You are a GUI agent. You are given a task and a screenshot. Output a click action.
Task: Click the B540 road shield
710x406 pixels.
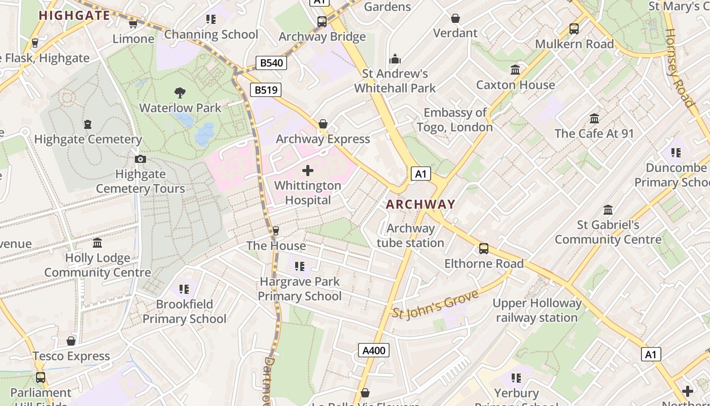pyautogui.click(x=271, y=63)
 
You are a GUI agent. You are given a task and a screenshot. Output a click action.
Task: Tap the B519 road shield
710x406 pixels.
pyautogui.click(x=266, y=90)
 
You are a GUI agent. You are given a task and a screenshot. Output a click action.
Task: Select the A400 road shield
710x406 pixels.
pyautogui.click(x=374, y=350)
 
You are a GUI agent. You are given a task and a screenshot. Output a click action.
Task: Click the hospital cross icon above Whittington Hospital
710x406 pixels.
pyautogui.click(x=308, y=171)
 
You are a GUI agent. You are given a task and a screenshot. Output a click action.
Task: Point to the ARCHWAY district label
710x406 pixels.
pyautogui.click(x=420, y=205)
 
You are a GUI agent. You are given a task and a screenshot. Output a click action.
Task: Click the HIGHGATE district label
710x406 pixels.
pyautogui.click(x=75, y=15)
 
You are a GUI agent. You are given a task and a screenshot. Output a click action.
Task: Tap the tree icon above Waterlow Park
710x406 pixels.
pyautogui.click(x=180, y=93)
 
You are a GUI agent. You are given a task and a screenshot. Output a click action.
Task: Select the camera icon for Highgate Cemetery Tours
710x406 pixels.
pyautogui.click(x=140, y=159)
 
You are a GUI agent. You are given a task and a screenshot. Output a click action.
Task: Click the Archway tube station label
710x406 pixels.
pyautogui.click(x=410, y=235)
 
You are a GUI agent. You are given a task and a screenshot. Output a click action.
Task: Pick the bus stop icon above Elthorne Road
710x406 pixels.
pyautogui.click(x=484, y=249)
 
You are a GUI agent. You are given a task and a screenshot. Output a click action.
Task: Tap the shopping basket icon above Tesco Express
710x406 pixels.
pyautogui.click(x=71, y=341)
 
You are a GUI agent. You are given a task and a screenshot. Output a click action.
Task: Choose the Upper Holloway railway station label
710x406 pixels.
pyautogui.click(x=537, y=311)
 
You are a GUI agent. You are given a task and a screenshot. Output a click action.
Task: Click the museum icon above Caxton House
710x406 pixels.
pyautogui.click(x=515, y=70)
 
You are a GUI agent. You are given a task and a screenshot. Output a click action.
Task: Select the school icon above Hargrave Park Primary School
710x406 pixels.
pyautogui.click(x=300, y=266)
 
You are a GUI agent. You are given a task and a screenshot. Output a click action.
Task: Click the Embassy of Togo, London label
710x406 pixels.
pyautogui.click(x=455, y=120)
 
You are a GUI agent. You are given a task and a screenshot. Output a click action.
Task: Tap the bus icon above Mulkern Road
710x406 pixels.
pyautogui.click(x=574, y=29)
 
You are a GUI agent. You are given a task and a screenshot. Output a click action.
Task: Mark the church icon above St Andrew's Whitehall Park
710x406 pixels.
pyautogui.click(x=395, y=59)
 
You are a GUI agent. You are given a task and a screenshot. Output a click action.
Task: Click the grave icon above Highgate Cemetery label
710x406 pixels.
pyautogui.click(x=88, y=124)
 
